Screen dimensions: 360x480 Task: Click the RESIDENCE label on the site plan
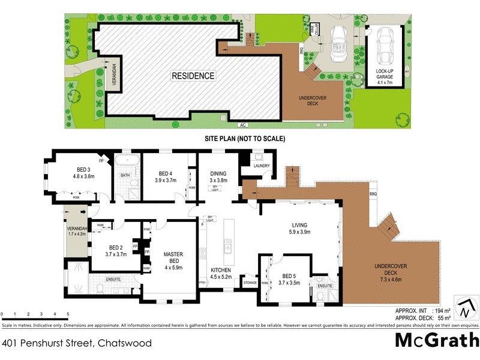tap(193, 76)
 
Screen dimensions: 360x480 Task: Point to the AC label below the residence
tap(243, 125)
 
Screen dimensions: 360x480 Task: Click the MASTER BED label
tap(173, 258)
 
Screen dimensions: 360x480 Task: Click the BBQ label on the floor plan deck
tap(373, 194)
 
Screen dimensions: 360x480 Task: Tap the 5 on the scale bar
tap(68, 314)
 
